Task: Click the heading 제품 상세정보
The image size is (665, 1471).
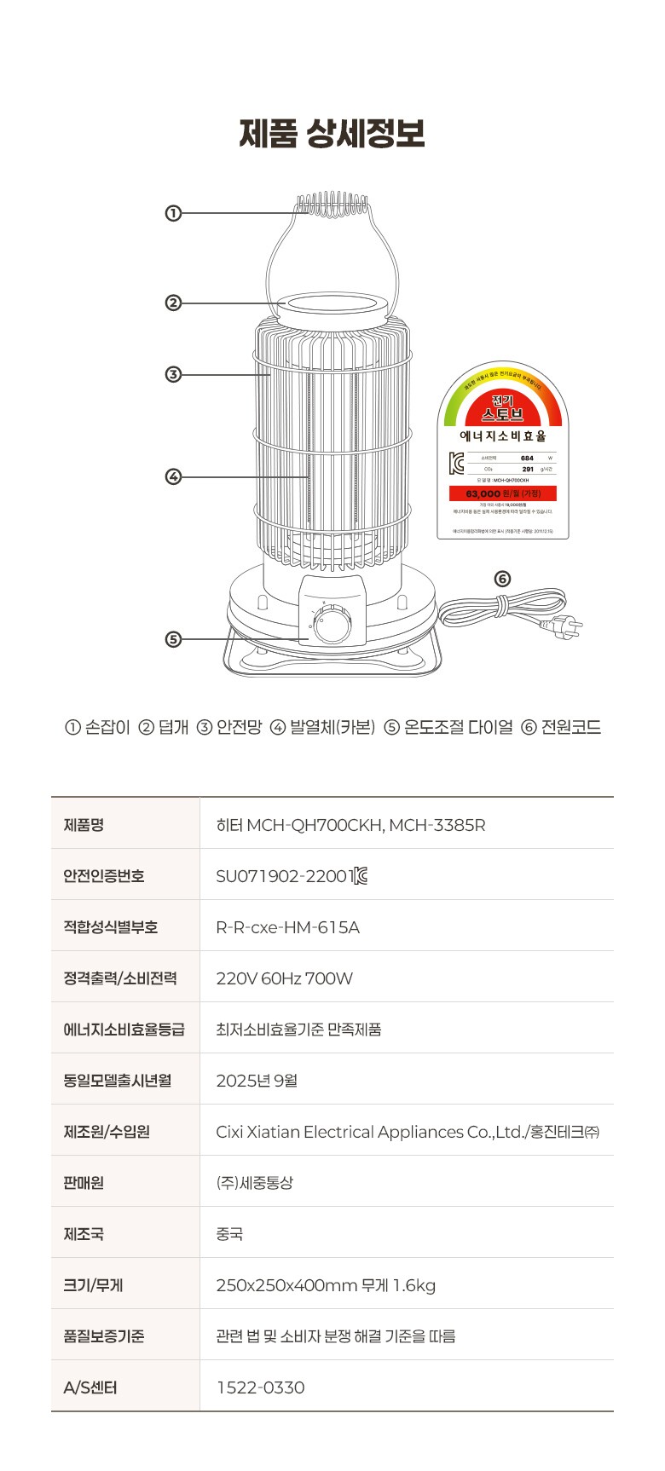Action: [332, 134]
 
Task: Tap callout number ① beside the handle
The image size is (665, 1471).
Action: [173, 213]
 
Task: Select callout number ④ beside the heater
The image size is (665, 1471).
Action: [173, 476]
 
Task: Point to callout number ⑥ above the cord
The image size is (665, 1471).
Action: [502, 579]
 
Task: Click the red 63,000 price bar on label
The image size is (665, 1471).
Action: [503, 493]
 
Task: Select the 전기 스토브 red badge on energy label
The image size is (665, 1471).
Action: [503, 409]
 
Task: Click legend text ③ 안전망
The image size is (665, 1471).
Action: [229, 727]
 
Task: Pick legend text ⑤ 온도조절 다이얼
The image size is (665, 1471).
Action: [448, 727]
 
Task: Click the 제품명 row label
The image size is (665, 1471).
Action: [84, 825]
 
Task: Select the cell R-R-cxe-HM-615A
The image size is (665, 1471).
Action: [287, 927]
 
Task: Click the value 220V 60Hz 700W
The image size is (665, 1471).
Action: [284, 978]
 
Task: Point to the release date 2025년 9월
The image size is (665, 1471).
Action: [257, 1081]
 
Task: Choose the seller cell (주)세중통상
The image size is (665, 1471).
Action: [254, 1183]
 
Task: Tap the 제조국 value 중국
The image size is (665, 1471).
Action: [229, 1234]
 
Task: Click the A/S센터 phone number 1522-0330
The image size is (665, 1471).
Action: [260, 1387]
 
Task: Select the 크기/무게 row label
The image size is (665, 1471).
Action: [93, 1285]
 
